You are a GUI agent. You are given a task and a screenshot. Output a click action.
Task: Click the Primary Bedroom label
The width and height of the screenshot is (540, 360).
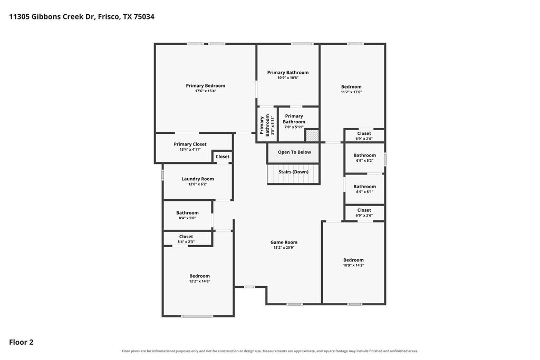tap(206, 86)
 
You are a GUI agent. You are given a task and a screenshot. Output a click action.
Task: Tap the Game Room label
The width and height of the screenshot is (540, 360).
tap(284, 242)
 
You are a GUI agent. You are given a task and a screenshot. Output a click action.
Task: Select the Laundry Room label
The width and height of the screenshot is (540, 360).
tap(198, 179)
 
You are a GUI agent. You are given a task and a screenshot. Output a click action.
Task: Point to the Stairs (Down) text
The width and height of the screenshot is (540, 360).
tap(293, 172)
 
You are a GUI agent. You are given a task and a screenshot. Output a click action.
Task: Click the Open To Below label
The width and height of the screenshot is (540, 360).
tap(294, 152)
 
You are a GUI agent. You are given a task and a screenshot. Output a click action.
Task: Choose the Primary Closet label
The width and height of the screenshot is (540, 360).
tap(190, 144)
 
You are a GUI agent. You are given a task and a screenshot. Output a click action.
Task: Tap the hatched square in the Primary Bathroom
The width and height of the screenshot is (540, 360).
tap(312, 135)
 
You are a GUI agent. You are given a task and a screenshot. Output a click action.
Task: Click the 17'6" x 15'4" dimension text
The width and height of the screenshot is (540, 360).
tap(206, 91)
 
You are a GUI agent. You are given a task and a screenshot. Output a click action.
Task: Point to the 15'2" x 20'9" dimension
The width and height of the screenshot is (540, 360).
tap(284, 247)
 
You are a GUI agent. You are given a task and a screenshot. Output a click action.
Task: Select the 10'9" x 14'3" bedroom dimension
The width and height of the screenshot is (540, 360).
tap(353, 265)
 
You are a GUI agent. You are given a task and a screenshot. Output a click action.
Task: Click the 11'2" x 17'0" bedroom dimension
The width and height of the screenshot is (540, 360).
tap(351, 92)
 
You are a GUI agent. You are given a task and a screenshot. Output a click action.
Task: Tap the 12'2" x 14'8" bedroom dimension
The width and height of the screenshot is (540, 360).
tap(199, 281)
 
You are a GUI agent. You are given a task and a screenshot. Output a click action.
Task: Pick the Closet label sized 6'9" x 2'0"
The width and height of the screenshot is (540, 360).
tap(364, 133)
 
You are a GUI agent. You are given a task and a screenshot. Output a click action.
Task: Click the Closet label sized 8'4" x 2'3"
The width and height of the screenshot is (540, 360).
tap(186, 237)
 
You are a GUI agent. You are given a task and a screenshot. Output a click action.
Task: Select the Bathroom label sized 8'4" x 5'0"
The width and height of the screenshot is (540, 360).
tap(187, 213)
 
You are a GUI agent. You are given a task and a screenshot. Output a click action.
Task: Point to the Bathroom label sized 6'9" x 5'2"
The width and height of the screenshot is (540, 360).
tap(365, 155)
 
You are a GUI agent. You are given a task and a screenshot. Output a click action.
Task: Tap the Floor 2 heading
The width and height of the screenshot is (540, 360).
tap(21, 342)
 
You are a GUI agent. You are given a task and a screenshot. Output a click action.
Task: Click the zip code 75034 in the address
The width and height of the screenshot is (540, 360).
tap(144, 16)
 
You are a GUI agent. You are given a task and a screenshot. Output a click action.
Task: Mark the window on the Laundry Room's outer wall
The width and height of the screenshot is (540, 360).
tap(162, 175)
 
